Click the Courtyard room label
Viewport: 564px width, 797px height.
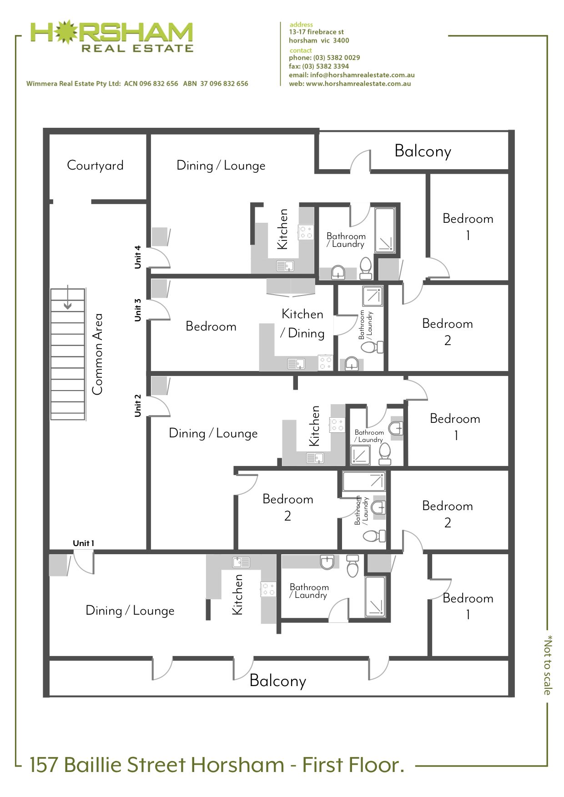[95, 165]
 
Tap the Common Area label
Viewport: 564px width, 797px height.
[97, 354]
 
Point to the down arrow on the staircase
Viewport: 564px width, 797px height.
[68, 297]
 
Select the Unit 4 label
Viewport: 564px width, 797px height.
[138, 257]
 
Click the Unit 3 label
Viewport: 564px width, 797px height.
[138, 310]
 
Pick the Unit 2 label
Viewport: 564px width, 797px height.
[138, 405]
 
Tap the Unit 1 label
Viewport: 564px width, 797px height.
[84, 543]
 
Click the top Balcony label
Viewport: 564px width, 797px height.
[423, 151]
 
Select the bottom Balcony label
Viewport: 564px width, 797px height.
[278, 681]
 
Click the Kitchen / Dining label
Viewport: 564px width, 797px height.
[302, 323]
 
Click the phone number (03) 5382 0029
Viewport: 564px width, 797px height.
[337, 58]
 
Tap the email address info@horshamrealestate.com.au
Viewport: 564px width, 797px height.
[363, 75]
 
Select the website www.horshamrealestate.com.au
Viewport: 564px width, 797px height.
[358, 84]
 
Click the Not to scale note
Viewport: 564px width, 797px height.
[548, 665]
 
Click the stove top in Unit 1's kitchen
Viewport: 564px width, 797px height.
[268, 589]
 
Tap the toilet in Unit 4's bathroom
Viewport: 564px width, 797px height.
[366, 268]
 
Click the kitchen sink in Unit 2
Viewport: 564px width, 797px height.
[315, 458]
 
